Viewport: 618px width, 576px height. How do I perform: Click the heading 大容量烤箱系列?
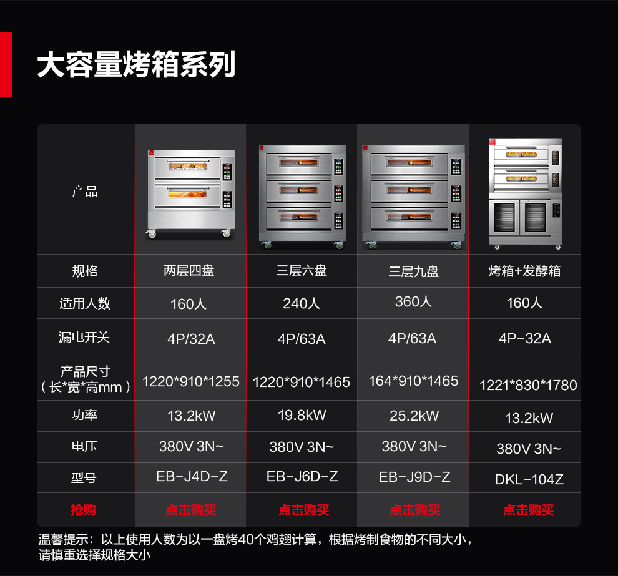136,64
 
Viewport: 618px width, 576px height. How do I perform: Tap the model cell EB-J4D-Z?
192,476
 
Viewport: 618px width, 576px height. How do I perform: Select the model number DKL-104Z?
529,479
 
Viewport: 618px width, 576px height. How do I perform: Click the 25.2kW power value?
414,416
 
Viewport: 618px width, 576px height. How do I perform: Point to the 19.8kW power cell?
302,415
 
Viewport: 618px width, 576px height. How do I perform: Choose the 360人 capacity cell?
413,301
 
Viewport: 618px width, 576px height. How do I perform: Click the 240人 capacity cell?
302,303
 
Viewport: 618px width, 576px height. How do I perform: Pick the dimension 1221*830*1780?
528,385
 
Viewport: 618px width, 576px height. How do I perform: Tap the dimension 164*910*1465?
413,381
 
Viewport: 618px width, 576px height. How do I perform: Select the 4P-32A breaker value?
524,338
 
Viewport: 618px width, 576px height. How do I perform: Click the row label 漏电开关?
84,337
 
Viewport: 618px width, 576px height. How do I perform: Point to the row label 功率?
84,415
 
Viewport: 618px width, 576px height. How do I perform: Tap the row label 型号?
84,477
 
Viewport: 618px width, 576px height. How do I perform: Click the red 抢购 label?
83,510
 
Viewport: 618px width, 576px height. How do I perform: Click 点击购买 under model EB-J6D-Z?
303,510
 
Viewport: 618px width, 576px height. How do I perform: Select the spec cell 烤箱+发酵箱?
524,271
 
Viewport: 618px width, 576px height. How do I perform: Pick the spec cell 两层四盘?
189,271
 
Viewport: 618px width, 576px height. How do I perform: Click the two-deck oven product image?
191,193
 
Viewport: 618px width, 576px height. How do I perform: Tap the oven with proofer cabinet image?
525,193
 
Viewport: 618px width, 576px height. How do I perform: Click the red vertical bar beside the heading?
6,65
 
